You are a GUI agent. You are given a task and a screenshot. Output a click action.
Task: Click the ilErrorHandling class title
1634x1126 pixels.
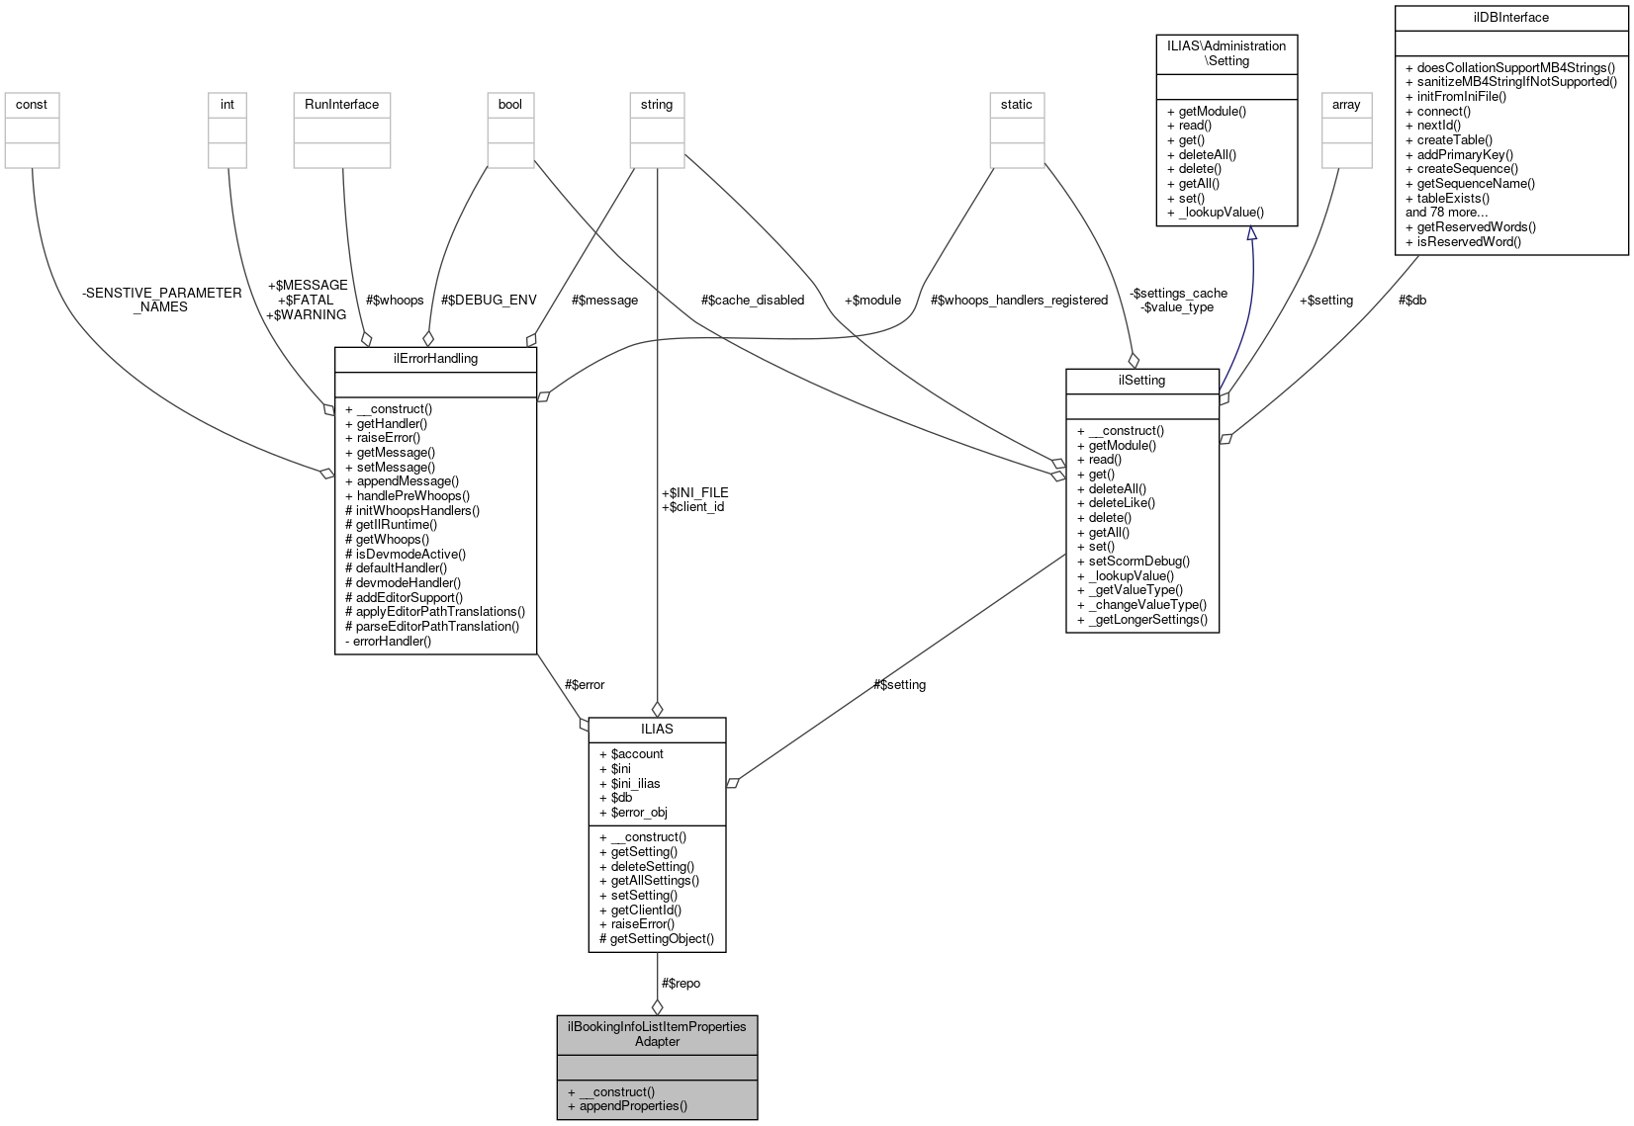[435, 359]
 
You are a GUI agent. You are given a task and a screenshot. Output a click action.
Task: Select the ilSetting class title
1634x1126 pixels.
[1141, 381]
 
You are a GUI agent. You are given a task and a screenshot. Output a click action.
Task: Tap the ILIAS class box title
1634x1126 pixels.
[657, 729]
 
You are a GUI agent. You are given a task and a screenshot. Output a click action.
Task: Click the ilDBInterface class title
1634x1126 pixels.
[1510, 18]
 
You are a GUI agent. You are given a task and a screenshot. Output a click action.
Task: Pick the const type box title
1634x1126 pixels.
[32, 105]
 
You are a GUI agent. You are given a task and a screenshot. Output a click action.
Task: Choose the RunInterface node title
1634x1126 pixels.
[341, 105]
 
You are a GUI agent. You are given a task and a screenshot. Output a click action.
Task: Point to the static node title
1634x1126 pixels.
[1016, 105]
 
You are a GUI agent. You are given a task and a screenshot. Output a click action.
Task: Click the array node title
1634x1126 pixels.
[1346, 105]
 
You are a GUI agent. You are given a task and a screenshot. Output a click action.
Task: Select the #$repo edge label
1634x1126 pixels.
[681, 984]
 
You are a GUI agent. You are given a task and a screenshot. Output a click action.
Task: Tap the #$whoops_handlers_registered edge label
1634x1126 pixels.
[1019, 301]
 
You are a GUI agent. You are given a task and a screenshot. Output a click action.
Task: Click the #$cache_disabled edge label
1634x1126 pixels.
[752, 301]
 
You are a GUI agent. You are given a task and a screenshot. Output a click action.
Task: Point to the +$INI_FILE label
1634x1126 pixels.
[694, 492]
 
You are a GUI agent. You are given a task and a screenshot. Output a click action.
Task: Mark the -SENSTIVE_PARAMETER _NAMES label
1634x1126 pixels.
[161, 300]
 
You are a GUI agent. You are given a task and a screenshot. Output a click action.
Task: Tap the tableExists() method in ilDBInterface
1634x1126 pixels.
[1452, 198]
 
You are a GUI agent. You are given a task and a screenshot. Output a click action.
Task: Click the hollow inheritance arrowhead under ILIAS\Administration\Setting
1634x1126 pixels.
[1251, 234]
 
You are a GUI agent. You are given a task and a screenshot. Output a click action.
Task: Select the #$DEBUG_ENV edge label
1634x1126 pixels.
[489, 301]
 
